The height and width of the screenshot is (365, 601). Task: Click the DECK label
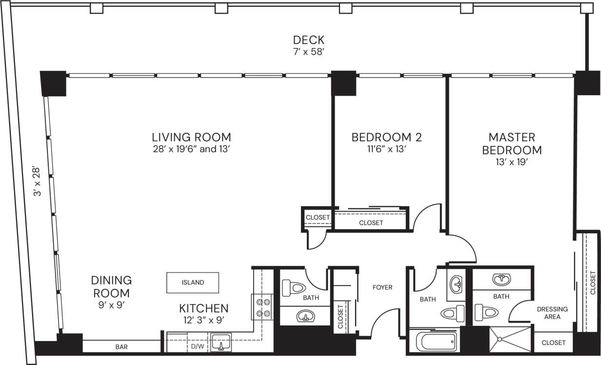308,40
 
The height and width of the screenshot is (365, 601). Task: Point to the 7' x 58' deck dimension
308,52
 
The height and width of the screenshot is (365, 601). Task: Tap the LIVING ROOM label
191,137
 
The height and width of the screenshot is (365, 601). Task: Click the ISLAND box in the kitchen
193,283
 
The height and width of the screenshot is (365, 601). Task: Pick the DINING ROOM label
111,287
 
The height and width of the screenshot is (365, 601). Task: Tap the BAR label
121,347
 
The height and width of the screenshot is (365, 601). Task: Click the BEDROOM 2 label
386,137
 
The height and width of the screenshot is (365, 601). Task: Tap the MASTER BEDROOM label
512,143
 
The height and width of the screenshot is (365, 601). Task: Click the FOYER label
382,287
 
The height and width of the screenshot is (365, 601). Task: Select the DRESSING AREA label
552,313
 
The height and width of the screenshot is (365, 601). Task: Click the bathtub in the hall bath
433,341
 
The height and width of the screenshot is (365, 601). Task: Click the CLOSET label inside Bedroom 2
371,223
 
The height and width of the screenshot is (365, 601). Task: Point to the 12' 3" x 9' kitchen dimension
203,321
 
